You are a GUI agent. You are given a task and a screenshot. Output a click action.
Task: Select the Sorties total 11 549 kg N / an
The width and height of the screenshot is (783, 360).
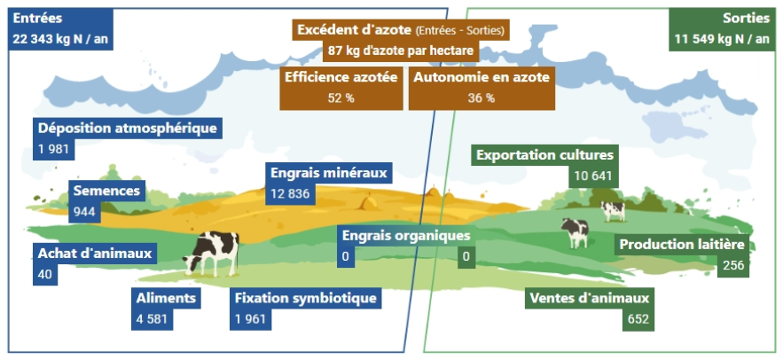tap(720, 39)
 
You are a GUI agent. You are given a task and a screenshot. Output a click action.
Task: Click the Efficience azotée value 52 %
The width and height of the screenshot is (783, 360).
tap(341, 98)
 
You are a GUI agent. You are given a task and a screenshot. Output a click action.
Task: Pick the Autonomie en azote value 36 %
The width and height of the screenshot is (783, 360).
tap(481, 98)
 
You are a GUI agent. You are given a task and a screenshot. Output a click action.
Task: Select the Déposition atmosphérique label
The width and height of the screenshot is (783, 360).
tap(127, 129)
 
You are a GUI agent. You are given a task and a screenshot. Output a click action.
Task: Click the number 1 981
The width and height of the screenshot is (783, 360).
tap(53, 148)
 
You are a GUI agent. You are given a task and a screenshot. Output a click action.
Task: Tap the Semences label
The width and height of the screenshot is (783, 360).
tap(106, 191)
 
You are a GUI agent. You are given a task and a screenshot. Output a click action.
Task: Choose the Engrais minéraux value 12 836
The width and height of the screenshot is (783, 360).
tap(289, 193)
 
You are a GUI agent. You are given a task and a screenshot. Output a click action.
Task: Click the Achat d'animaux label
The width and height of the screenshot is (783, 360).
tap(95, 254)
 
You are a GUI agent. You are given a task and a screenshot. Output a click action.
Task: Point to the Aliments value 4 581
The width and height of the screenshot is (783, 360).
tap(153, 319)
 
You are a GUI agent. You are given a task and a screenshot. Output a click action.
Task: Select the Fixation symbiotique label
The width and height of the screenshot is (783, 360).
tap(306, 298)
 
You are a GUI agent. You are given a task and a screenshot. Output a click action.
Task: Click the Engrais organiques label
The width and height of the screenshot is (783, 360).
tap(405, 236)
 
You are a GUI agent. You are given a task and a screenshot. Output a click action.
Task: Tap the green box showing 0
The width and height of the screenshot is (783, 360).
tap(467, 258)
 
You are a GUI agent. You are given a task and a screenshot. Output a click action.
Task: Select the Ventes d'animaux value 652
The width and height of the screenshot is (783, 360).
tap(638, 319)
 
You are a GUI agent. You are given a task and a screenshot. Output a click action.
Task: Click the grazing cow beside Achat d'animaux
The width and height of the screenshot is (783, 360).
tap(213, 252)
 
